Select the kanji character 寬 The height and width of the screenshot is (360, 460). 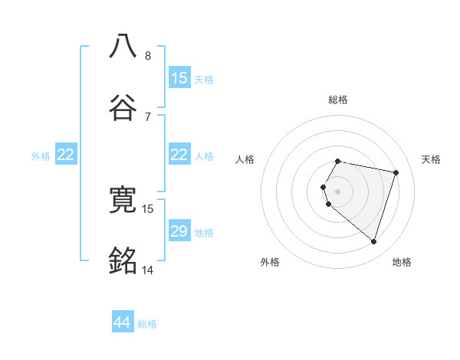123,201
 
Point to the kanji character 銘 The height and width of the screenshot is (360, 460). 123,261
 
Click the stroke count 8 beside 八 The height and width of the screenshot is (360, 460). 148,56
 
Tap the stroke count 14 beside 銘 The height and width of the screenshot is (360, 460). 148,270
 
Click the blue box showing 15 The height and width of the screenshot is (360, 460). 179,78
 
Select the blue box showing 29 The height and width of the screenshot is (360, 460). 179,231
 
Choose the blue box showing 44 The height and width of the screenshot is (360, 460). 123,322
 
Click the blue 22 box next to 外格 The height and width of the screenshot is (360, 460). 66,155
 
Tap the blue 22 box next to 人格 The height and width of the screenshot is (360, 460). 179,155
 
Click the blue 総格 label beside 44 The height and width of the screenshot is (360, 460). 147,324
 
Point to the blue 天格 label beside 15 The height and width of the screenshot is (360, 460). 204,79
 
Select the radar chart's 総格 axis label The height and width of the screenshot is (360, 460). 338,100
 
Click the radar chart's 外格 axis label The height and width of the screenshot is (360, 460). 270,262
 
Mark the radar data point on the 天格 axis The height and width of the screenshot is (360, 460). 396,172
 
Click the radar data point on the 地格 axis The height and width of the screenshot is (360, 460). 374,242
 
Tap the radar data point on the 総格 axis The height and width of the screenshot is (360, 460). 338,162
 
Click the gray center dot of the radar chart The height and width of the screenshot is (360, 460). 338,191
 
